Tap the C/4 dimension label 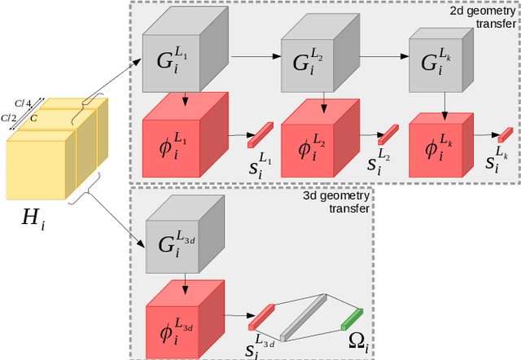[x=32, y=102]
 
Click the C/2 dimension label [x=10, y=118]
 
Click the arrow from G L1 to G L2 [x=256, y=57]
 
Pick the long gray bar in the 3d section [x=304, y=317]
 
